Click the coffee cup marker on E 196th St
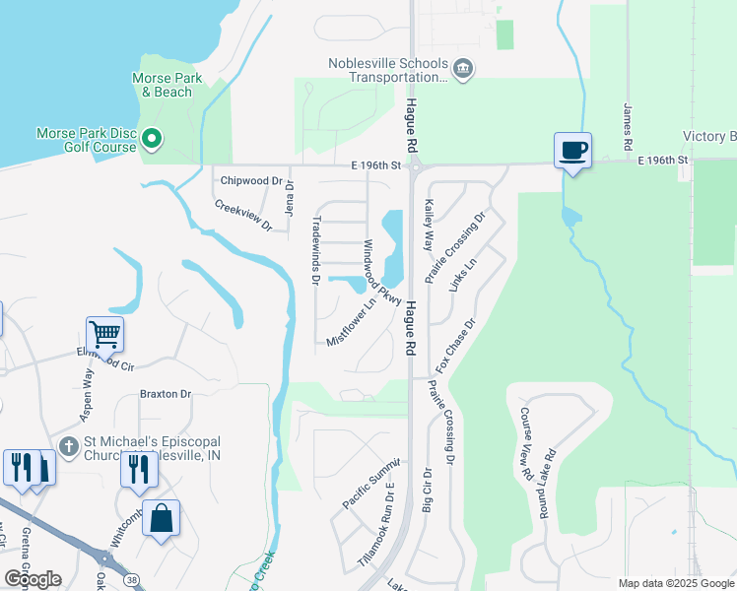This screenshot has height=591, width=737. click(x=572, y=151)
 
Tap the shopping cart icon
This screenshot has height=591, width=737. click(x=103, y=334)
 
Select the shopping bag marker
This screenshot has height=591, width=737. click(x=161, y=517)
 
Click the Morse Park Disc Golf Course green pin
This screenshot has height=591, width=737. click(x=152, y=141)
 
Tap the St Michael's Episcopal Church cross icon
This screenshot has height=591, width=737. click(x=68, y=447)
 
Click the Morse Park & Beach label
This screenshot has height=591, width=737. click(x=161, y=85)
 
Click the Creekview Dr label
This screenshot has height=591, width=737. click(x=243, y=216)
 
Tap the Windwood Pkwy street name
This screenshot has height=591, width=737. click(x=382, y=272)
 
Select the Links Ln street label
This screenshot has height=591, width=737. click(x=469, y=280)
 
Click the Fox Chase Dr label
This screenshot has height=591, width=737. click(x=456, y=344)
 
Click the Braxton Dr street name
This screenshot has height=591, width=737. click(x=165, y=394)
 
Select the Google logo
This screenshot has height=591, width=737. click(x=32, y=578)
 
